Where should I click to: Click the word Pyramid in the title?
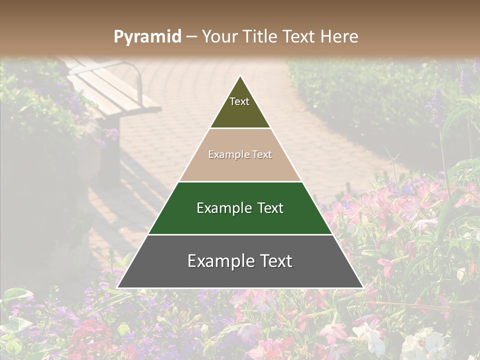pos(147,37)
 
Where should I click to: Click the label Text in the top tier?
pos(239,101)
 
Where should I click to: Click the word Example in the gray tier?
pos(219,261)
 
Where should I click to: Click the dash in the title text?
pos(191,37)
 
